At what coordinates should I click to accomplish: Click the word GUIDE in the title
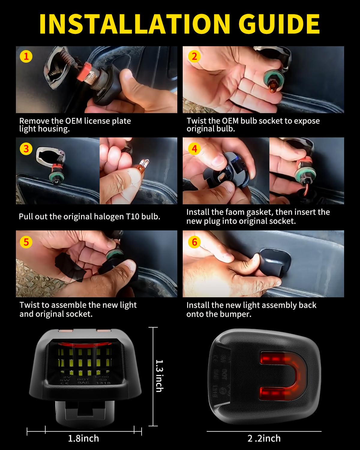pyautogui.click(x=279, y=24)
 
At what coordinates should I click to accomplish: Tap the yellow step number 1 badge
pyautogui.click(x=26, y=56)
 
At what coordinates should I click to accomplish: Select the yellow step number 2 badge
pyautogui.click(x=194, y=56)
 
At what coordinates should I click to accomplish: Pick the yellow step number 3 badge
pyautogui.click(x=26, y=149)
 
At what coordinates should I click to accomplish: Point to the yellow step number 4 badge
pyautogui.click(x=194, y=149)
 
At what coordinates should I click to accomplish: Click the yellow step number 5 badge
pyautogui.click(x=26, y=242)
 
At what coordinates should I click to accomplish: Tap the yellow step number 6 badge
pyautogui.click(x=194, y=242)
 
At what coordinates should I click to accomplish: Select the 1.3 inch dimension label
pyautogui.click(x=159, y=376)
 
